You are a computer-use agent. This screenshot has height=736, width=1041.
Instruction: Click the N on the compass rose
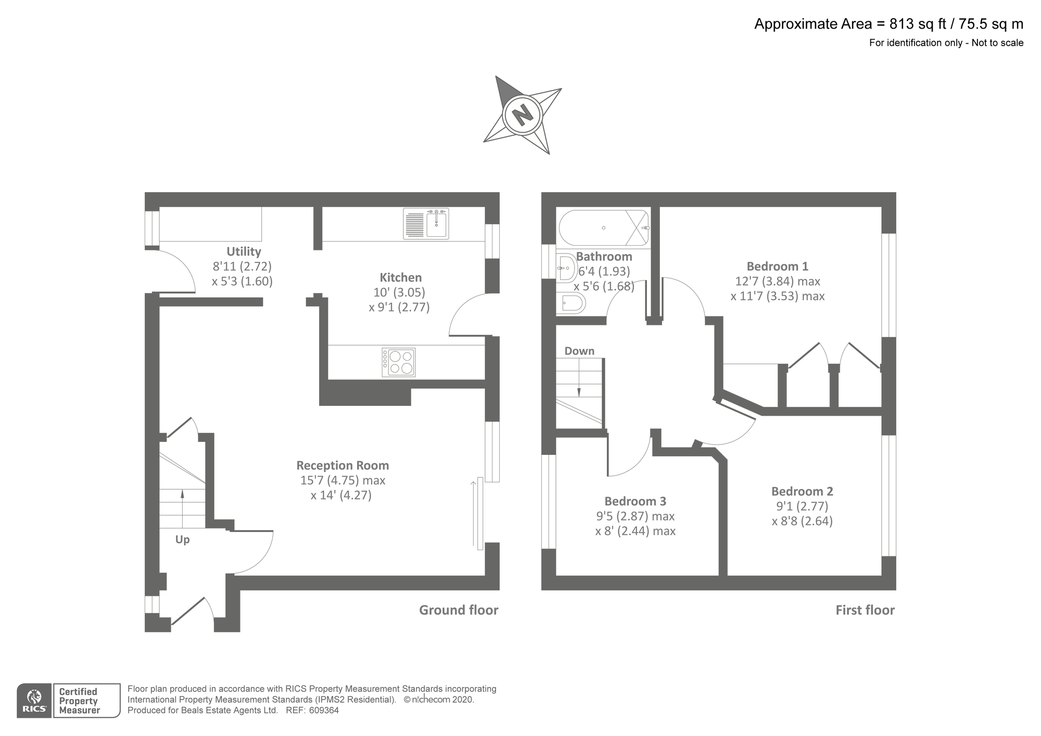click(522, 115)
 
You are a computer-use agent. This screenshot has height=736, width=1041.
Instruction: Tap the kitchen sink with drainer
click(426, 224)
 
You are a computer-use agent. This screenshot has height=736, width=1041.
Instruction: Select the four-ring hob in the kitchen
click(399, 362)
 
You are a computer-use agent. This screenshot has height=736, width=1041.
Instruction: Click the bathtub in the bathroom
click(604, 227)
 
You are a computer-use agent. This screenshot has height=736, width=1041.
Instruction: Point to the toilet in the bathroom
click(571, 303)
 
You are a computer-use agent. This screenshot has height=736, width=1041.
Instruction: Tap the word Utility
click(244, 251)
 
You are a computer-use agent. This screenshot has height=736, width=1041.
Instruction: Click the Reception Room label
click(342, 465)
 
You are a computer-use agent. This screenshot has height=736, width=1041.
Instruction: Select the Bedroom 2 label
click(802, 491)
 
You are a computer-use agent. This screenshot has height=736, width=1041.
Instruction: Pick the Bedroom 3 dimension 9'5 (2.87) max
click(635, 516)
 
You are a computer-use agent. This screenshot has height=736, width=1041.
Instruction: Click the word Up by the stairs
click(182, 539)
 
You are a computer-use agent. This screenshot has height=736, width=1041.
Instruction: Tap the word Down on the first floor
click(579, 351)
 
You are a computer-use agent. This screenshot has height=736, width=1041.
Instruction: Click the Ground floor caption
click(459, 610)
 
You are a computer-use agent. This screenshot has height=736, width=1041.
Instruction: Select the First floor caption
click(865, 610)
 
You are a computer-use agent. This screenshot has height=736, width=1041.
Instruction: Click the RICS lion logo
click(34, 701)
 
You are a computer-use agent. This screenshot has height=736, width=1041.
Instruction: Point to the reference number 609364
click(324, 710)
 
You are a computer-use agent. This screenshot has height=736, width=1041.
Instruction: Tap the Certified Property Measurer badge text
click(79, 701)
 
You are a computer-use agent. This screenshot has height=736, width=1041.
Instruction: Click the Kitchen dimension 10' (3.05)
click(399, 292)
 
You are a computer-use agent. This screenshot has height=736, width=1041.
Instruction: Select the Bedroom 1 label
click(777, 267)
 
